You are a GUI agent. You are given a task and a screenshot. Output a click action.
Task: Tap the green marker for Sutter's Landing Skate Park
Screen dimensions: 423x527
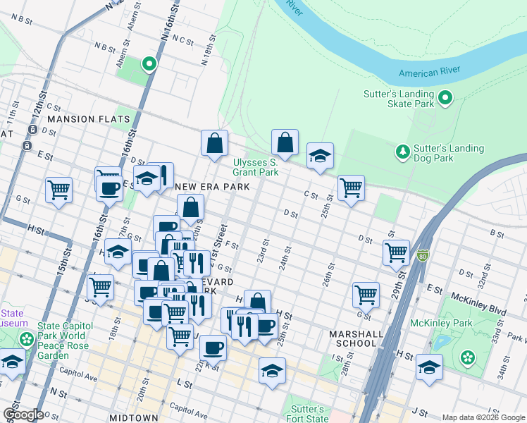click(x=446, y=98)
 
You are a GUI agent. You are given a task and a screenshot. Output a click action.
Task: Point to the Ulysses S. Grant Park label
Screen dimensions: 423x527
click(x=256, y=167)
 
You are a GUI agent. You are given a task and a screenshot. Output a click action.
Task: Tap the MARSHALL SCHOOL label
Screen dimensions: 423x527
click(x=356, y=338)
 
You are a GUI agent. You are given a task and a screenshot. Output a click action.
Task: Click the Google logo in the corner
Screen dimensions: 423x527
click(x=23, y=414)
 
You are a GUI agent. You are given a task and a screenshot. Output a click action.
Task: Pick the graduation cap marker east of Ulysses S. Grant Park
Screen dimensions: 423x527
click(x=320, y=156)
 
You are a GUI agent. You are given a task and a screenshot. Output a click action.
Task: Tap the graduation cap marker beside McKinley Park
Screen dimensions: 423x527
click(x=429, y=367)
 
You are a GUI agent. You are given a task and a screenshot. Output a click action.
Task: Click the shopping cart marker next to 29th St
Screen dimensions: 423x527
click(x=397, y=252)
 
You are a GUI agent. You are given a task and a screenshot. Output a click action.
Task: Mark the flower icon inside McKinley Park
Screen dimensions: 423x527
click(x=467, y=357)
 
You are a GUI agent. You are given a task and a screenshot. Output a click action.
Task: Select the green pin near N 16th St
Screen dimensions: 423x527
click(x=149, y=65)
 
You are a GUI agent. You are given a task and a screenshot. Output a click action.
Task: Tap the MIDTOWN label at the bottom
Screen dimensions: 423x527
click(x=134, y=418)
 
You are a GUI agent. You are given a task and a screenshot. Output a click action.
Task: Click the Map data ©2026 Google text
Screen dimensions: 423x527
click(x=483, y=417)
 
